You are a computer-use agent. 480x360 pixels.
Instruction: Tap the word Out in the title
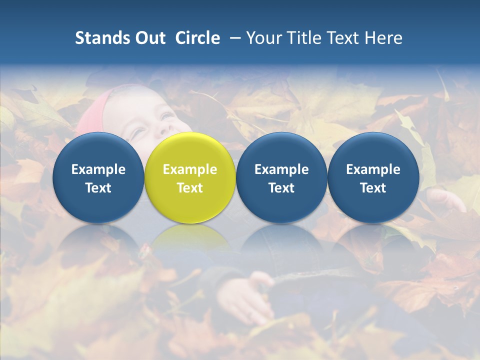click(x=148, y=38)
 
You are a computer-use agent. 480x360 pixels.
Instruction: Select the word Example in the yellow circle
click(x=190, y=169)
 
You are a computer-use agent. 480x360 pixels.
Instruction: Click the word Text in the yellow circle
click(x=190, y=188)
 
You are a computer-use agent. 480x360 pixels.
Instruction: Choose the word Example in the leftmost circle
click(x=98, y=169)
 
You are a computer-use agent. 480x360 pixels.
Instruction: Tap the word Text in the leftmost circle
click(x=98, y=188)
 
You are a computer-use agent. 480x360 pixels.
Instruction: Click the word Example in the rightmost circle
click(x=373, y=169)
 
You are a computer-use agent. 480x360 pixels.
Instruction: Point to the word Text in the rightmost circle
click(x=373, y=188)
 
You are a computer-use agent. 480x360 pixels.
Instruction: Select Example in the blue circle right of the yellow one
click(x=281, y=169)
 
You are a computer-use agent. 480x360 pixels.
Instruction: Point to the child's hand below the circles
click(x=245, y=297)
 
